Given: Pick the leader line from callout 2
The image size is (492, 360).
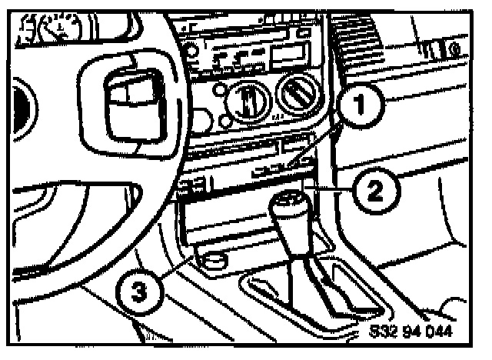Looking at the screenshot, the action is coord(331,188).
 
